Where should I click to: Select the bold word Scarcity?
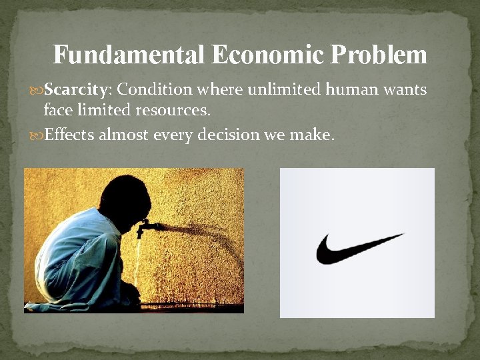pyautogui.click(x=73, y=89)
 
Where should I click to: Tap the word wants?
pyautogui.click(x=405, y=89)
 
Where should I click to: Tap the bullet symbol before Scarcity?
pyautogui.click(x=37, y=90)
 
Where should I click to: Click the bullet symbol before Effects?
pyautogui.click(x=37, y=135)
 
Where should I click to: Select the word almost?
pyautogui.click(x=124, y=135)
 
